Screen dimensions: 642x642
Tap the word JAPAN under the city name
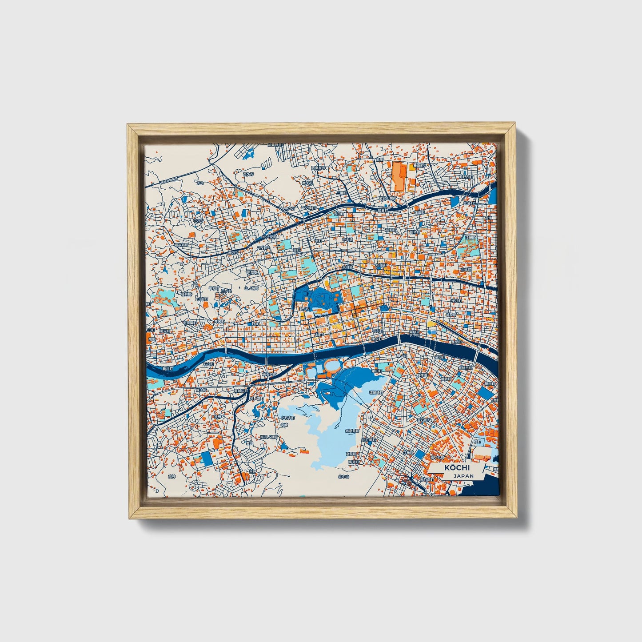[463, 476]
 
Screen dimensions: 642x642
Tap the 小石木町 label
[287, 418]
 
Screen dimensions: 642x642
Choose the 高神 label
[172, 477]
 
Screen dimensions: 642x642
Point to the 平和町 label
[214, 288]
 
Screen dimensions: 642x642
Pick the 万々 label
[201, 183]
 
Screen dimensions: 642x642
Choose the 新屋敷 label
[252, 272]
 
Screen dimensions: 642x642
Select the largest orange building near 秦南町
[398, 177]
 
